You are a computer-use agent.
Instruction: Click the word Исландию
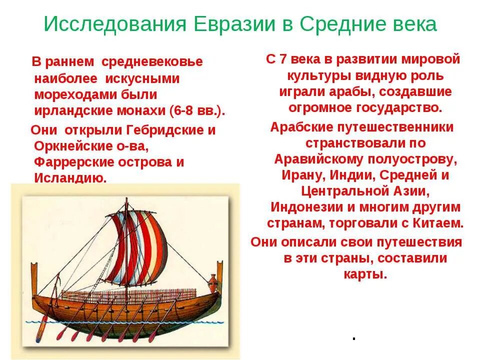[x=70, y=178]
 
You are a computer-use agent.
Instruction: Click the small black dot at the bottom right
[x=353, y=338]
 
